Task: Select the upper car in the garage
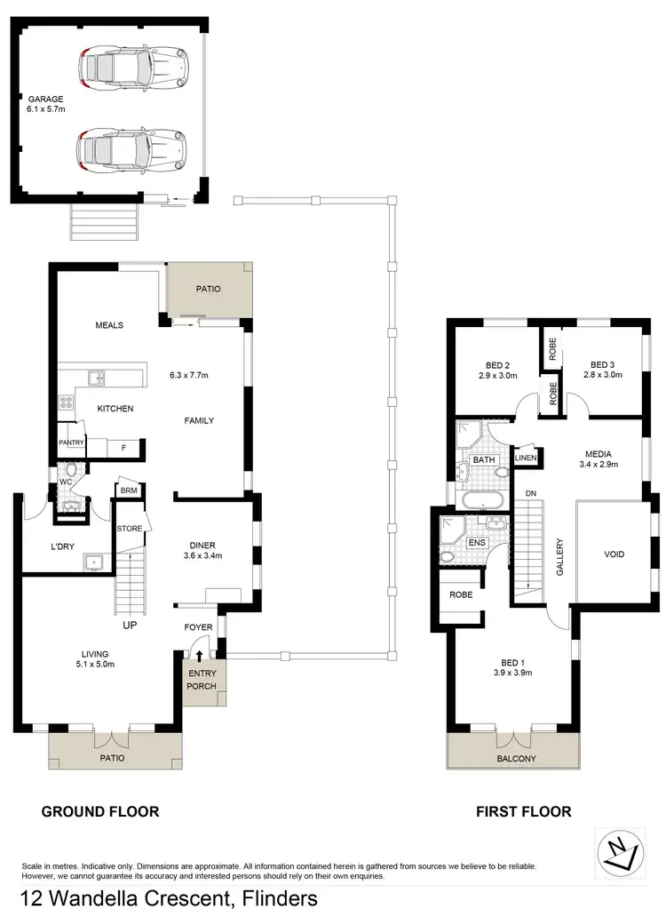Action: pyautogui.click(x=134, y=66)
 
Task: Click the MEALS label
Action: pyautogui.click(x=108, y=325)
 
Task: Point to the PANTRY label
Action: pyautogui.click(x=71, y=442)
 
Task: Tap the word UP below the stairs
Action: pyautogui.click(x=130, y=626)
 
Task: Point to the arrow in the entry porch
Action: pyautogui.click(x=198, y=657)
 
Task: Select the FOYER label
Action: pyautogui.click(x=198, y=627)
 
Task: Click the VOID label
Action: pyautogui.click(x=614, y=554)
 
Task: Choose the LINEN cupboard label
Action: pyautogui.click(x=526, y=458)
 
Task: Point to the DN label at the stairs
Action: pyautogui.click(x=530, y=493)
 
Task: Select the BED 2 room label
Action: pyautogui.click(x=497, y=363)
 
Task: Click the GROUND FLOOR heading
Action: pyautogui.click(x=100, y=811)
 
